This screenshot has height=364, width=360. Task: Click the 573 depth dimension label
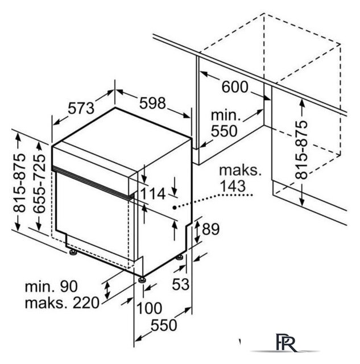(81, 108)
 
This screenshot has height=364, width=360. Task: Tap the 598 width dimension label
(152, 103)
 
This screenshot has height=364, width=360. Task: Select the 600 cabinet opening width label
(235, 87)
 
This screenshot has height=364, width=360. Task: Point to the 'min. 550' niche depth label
(225, 123)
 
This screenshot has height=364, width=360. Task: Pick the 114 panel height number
(153, 193)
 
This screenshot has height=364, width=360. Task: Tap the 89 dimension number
(210, 229)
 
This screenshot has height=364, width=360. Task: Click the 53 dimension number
(181, 284)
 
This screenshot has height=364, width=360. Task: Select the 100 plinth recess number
(149, 308)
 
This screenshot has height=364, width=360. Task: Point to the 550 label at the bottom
(164, 325)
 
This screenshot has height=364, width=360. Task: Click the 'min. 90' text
(51, 287)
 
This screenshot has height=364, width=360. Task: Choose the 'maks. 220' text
(62, 303)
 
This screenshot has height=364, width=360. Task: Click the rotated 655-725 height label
(39, 184)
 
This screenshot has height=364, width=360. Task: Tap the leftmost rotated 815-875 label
(19, 183)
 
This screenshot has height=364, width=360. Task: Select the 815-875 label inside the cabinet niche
(301, 150)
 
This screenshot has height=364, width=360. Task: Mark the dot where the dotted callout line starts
(174, 208)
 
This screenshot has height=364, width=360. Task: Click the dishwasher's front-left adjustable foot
(73, 252)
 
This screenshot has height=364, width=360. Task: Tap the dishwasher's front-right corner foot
(142, 280)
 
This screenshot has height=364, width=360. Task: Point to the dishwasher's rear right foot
(179, 258)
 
